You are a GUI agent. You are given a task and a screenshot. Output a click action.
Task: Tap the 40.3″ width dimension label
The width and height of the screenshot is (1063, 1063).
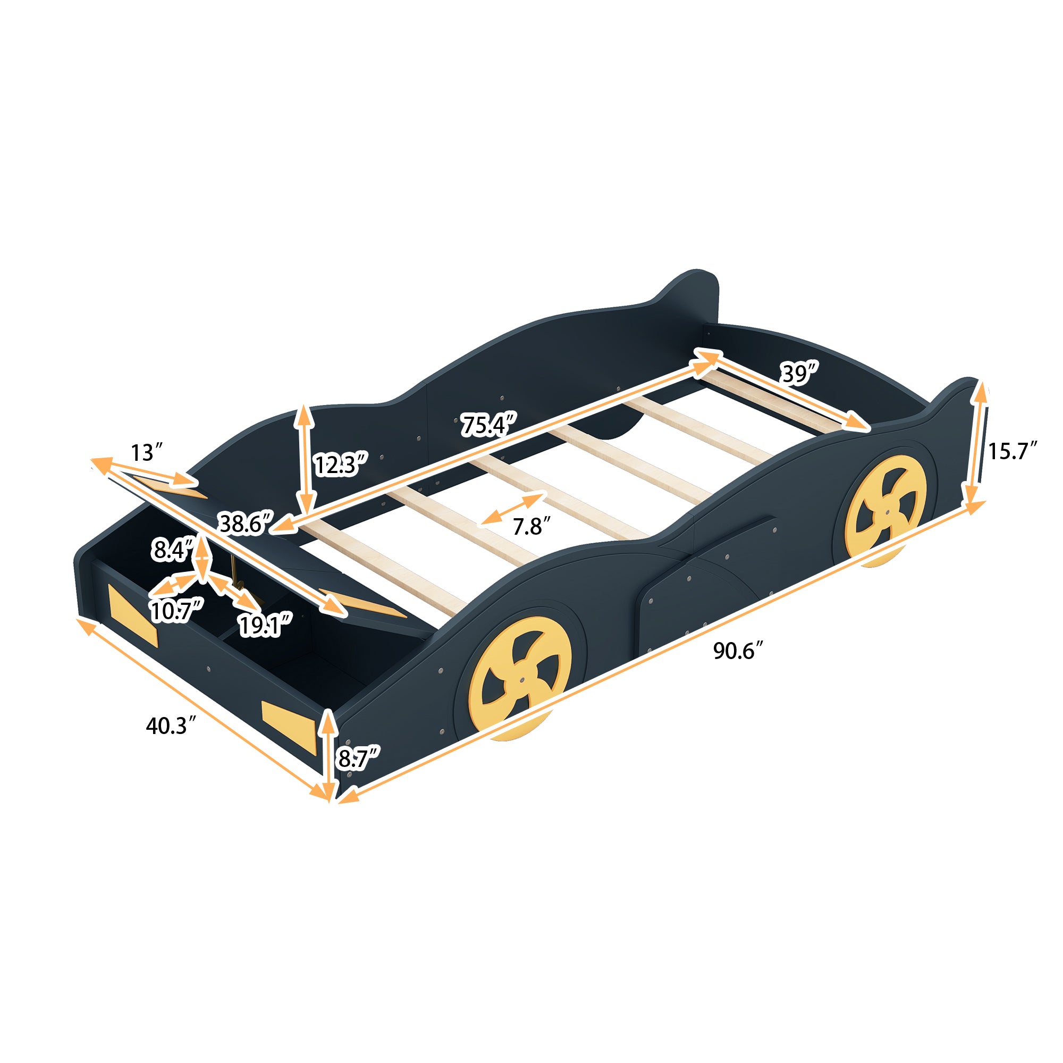click(171, 725)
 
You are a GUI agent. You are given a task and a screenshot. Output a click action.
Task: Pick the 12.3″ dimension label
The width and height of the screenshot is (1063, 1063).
click(340, 465)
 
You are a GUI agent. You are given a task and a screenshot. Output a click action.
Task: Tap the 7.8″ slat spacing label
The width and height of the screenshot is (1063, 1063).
click(528, 527)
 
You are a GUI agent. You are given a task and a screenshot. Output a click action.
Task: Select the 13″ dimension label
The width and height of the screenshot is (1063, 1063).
click(146, 453)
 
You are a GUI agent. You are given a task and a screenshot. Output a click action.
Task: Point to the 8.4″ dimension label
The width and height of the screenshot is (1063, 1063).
click(172, 550)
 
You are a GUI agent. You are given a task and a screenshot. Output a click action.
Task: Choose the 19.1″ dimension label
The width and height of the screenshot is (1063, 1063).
click(265, 625)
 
